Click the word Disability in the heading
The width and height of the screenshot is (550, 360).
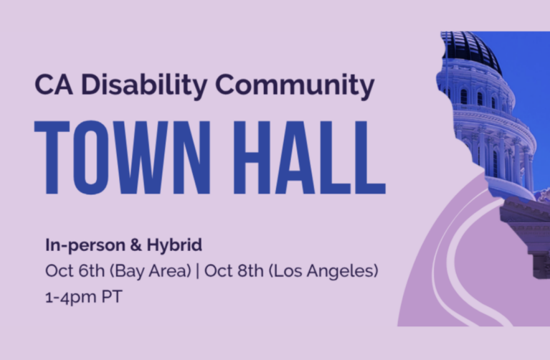tap(144, 85)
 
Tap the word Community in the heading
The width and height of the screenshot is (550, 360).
tap(295, 85)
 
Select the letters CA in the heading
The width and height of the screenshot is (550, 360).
tap(54, 85)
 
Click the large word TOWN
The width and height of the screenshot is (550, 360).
tap(123, 158)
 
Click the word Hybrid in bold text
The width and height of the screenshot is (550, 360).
tap(174, 245)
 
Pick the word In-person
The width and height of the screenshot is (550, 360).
tap(85, 245)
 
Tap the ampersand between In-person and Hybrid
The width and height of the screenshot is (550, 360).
tap(136, 245)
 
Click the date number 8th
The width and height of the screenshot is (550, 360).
tap(250, 270)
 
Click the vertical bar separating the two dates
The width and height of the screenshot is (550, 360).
tap(197, 271)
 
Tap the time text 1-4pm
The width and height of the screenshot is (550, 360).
tap(71, 297)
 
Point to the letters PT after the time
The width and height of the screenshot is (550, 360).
tap(112, 296)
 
